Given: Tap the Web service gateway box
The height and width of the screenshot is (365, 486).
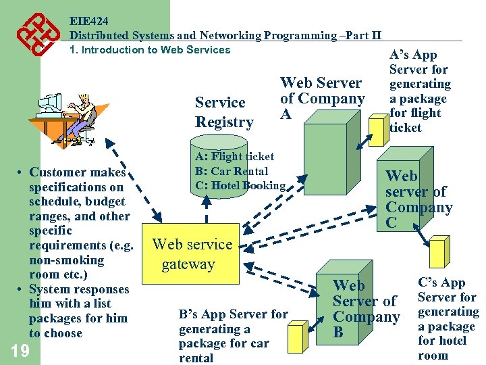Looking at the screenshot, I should pos(192,254).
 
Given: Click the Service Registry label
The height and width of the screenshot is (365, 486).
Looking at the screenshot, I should pos(224,112).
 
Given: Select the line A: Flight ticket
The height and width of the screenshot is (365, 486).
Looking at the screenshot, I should pos(234,157).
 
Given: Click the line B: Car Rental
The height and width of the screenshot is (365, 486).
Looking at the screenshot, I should pos(232,172).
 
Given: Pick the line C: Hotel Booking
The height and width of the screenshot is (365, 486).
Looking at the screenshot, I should pos(240,186).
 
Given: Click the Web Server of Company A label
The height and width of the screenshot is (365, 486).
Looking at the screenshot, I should pos(322,98).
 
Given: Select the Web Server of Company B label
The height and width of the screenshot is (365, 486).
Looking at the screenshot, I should pos(366,308).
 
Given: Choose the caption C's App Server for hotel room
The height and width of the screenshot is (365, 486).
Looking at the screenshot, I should pos(448,319).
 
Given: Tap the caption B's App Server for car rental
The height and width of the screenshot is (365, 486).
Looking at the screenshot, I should pos(233,336).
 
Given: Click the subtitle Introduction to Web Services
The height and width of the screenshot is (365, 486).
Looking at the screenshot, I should pos(150,49).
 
